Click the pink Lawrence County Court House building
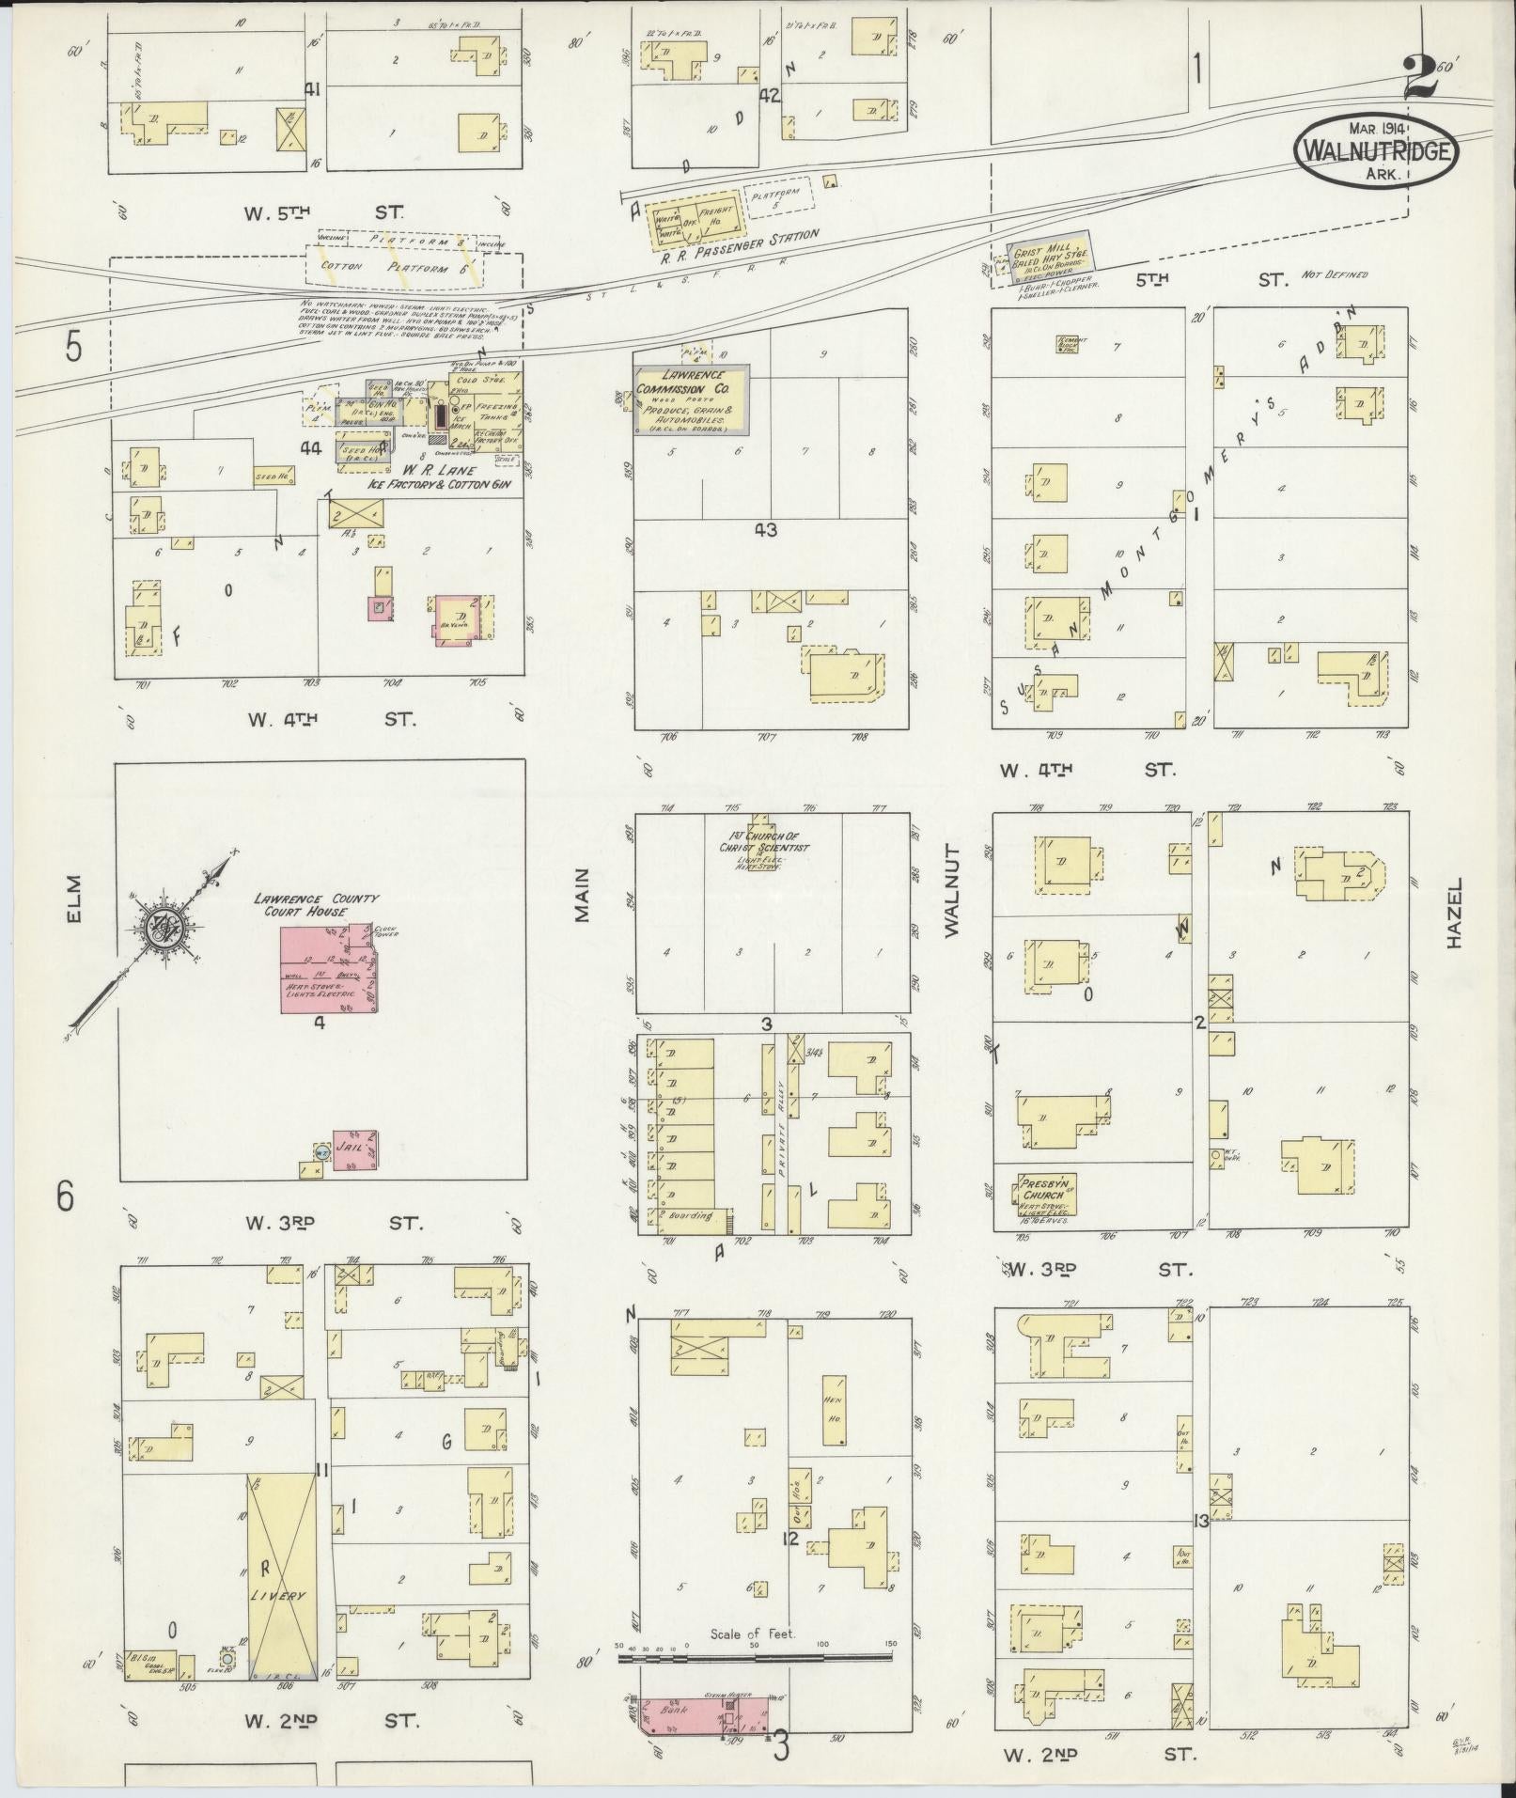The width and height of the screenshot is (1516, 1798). (329, 968)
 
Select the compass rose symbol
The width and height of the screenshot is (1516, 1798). (169, 930)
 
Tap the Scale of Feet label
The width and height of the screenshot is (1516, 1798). (753, 1634)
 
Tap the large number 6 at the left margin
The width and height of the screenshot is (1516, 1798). (64, 1196)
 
